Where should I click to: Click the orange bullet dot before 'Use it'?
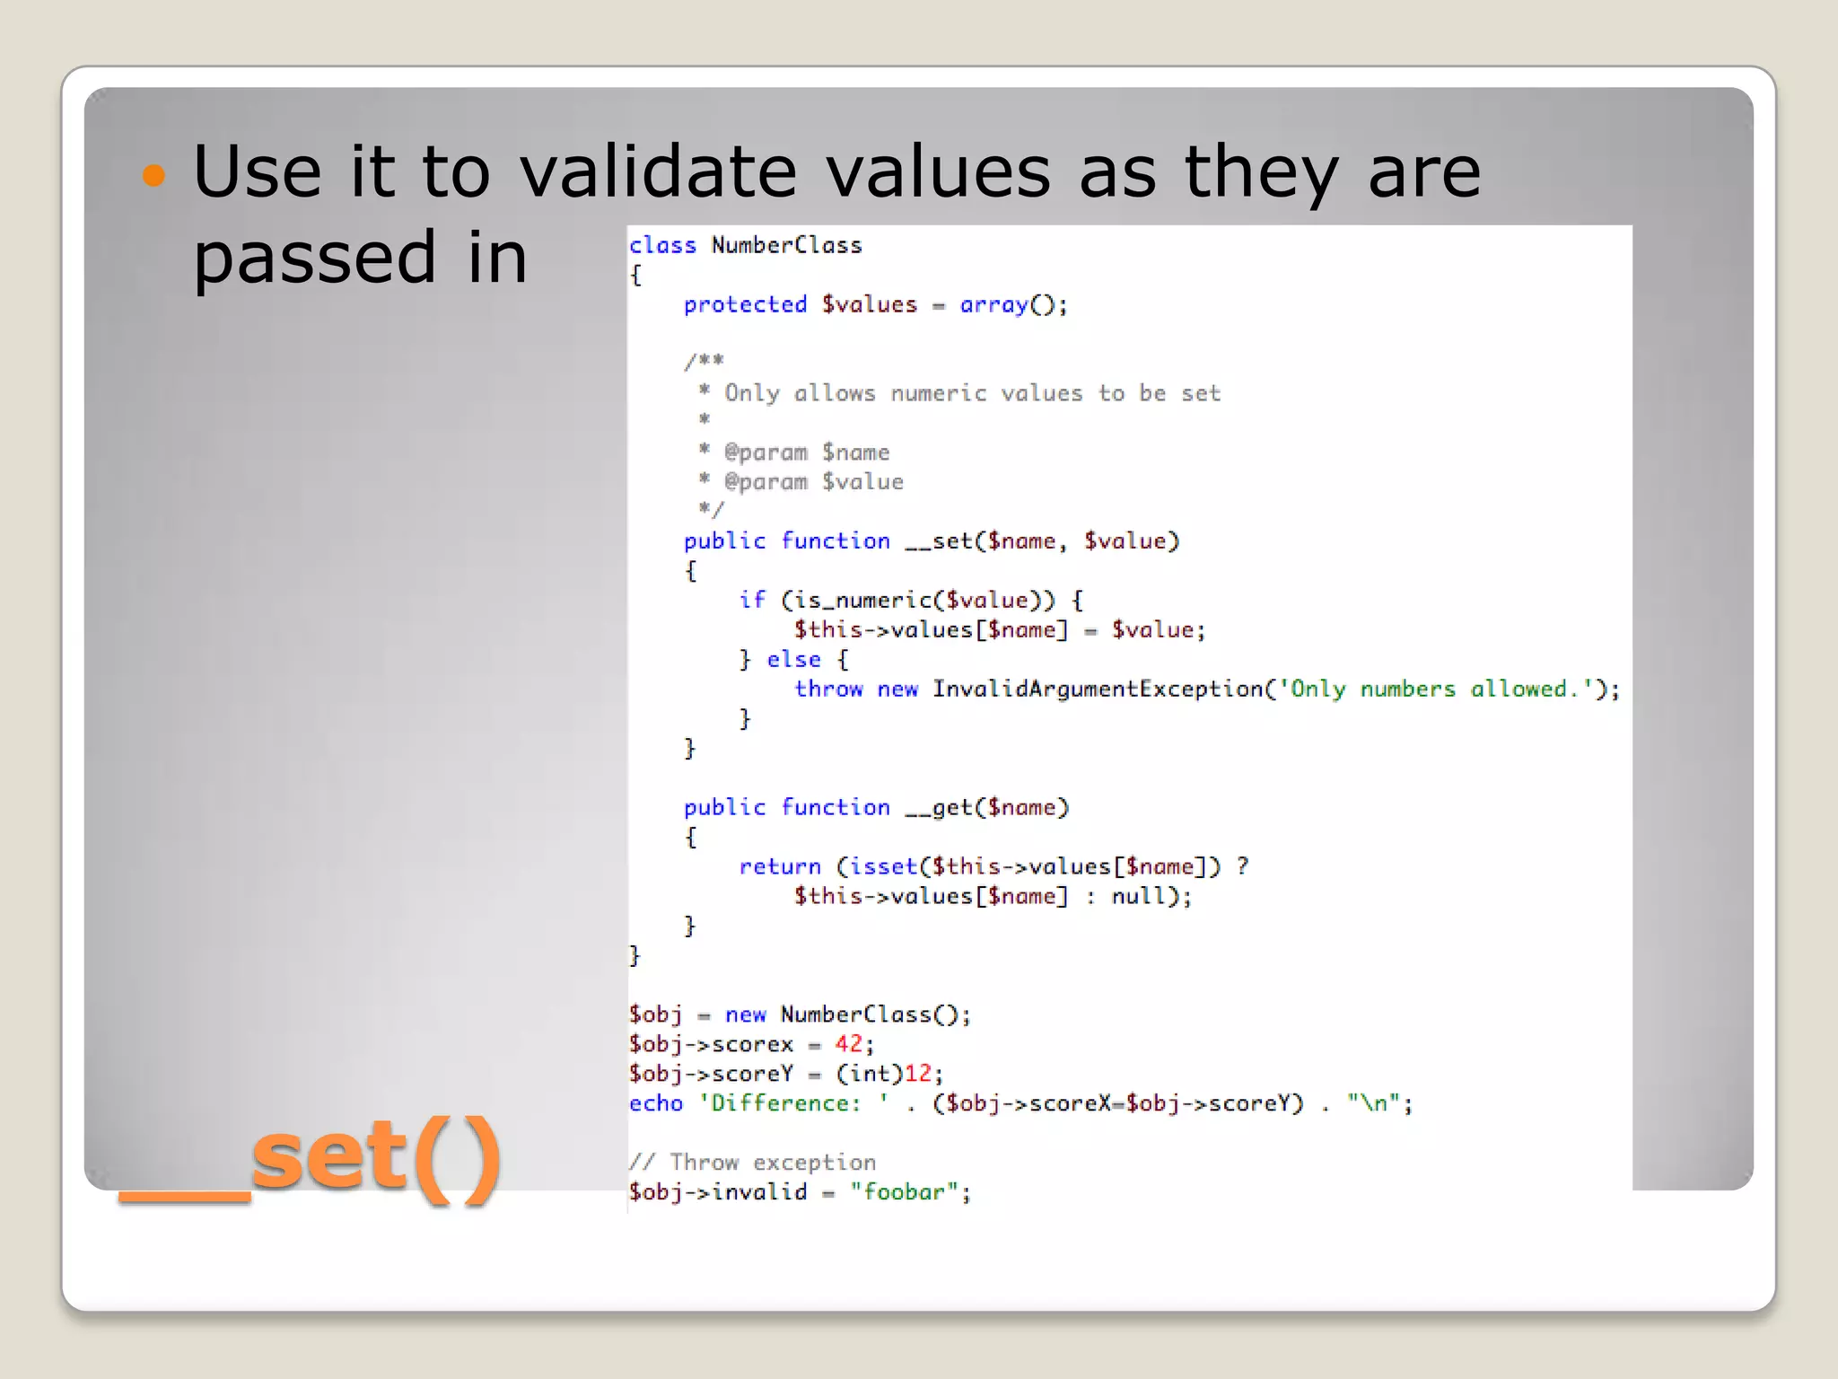(x=154, y=174)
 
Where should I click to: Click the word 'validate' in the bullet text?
(x=659, y=171)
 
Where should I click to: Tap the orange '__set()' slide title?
(x=310, y=1157)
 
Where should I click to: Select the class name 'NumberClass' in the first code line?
(x=786, y=245)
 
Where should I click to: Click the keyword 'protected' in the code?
(x=745, y=305)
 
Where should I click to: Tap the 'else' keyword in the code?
(x=793, y=660)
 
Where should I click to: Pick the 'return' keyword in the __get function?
(x=779, y=866)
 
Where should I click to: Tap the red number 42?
(x=848, y=1044)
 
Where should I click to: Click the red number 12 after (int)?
(x=917, y=1074)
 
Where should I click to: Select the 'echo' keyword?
(x=655, y=1103)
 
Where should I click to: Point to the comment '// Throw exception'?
(x=752, y=1163)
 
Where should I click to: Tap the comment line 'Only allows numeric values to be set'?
(x=972, y=393)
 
